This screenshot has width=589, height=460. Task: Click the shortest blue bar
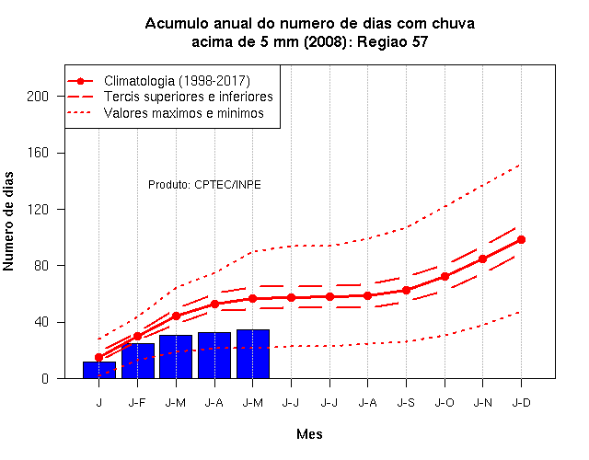coord(99,370)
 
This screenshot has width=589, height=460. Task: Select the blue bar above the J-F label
coord(138,361)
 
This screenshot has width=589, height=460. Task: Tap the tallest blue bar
coord(253,353)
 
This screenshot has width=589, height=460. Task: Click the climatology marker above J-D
coord(521,239)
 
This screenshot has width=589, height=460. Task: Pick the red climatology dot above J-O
coord(445,276)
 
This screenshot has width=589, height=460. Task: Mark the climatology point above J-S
coord(406,291)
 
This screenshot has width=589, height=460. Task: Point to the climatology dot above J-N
coord(482,259)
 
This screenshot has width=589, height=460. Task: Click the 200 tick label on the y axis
coord(38,97)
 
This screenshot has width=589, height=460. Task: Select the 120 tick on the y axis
coord(38,210)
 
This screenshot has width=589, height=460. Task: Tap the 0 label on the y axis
coord(45,378)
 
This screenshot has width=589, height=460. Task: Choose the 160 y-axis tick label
coord(38,153)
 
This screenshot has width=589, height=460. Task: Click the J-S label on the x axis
coord(406,403)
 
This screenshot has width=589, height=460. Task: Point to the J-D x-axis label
coord(522,403)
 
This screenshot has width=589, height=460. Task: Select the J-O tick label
coord(445,403)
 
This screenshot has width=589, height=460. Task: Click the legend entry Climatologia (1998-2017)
coord(177,81)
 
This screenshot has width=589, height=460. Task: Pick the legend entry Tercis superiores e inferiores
coord(188,97)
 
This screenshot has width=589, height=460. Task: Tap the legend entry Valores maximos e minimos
coord(184,113)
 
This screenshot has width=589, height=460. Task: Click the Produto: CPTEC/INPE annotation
coord(204,185)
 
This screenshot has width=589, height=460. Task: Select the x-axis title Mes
coord(309,434)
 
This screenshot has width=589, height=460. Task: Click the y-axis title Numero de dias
coord(8,221)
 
